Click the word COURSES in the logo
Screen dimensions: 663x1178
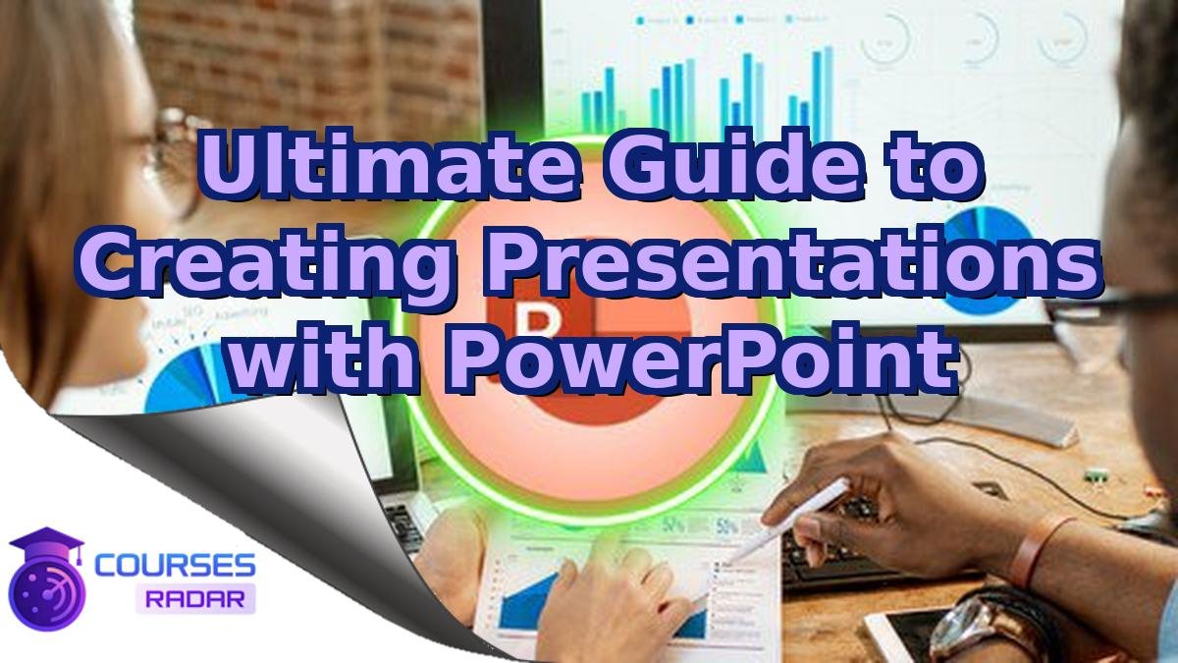pos(176,566)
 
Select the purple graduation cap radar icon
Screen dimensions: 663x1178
pos(45,579)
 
